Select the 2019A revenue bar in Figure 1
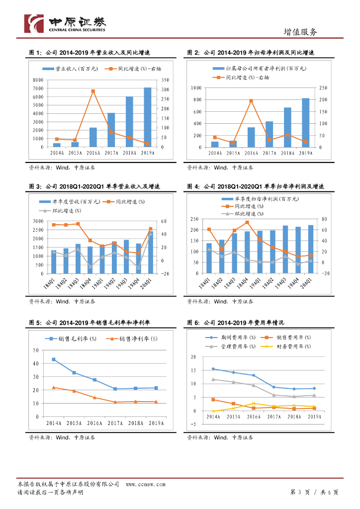pyautogui.click(x=148, y=117)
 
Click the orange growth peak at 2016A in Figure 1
pyautogui.click(x=93, y=91)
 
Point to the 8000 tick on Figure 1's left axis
pyautogui.click(x=38, y=80)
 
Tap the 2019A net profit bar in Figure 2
pyautogui.click(x=306, y=122)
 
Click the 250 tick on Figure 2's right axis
pyautogui.click(x=323, y=87)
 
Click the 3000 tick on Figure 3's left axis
pyautogui.click(x=38, y=221)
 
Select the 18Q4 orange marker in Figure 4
pyautogui.click(x=247, y=222)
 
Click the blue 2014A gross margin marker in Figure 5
pyautogui.click(x=54, y=359)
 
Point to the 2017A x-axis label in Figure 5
pyautogui.click(x=115, y=423)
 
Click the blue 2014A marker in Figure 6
pyautogui.click(x=213, y=369)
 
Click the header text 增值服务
pyautogui.click(x=300, y=32)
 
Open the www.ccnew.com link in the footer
pyautogui.click(x=145, y=484)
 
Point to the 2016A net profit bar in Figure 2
pyautogui.click(x=251, y=137)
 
